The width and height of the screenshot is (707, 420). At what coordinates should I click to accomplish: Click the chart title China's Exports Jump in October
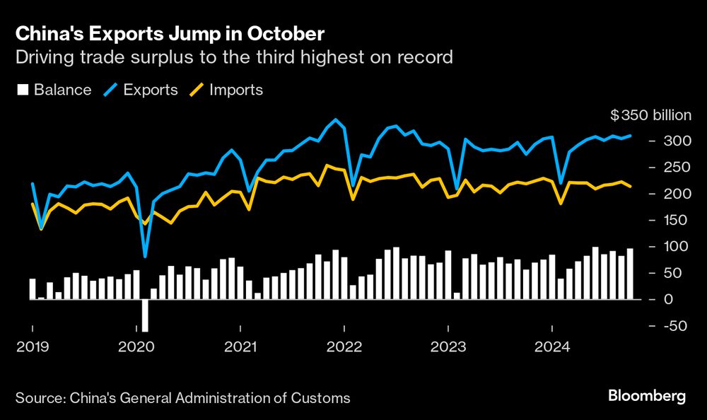click(170, 33)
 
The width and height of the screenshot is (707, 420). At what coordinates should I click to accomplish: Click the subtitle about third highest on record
click(234, 57)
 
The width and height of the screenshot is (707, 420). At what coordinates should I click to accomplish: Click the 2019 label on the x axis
click(32, 347)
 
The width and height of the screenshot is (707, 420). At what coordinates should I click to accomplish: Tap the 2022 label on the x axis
click(344, 347)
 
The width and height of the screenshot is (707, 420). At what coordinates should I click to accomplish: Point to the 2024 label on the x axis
click(552, 347)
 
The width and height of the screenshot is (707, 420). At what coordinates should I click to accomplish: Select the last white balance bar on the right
click(630, 274)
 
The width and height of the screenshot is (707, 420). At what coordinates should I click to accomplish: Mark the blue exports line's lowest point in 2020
click(145, 256)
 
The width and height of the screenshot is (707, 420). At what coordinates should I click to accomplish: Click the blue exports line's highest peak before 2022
click(335, 119)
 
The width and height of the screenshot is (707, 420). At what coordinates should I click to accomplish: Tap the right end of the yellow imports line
click(630, 186)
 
